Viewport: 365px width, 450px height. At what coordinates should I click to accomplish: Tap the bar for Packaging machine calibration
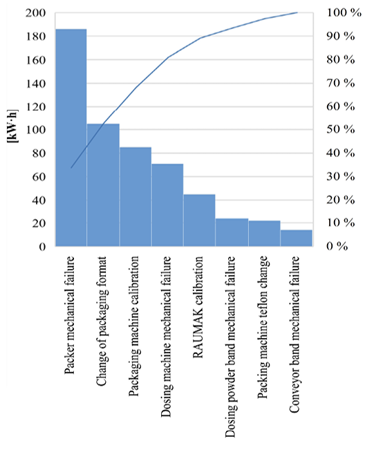pyautogui.click(x=135, y=196)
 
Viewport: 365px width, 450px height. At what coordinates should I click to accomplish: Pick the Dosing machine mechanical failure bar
pyautogui.click(x=167, y=205)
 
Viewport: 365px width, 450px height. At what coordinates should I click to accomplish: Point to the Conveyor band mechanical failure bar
pyautogui.click(x=297, y=238)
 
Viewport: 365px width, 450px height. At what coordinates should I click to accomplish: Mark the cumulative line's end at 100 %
pyautogui.click(x=297, y=12)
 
